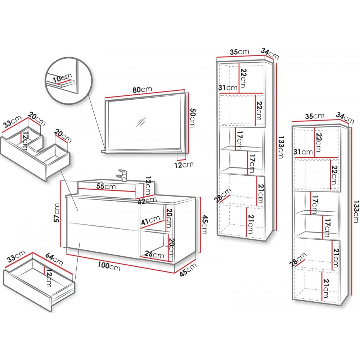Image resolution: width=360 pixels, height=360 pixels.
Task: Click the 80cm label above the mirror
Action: coord(142,90)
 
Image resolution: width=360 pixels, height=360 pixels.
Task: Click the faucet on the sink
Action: coord(122,175)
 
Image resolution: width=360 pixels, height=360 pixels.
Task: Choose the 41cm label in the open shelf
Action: coord(150,220)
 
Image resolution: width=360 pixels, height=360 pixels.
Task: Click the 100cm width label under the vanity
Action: coord(109,266)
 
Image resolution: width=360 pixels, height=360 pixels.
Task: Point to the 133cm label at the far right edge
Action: coord(356,212)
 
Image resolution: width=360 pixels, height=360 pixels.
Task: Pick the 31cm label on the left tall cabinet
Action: coord(228,88)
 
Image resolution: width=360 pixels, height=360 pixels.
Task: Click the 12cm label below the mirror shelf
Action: coord(185,165)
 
